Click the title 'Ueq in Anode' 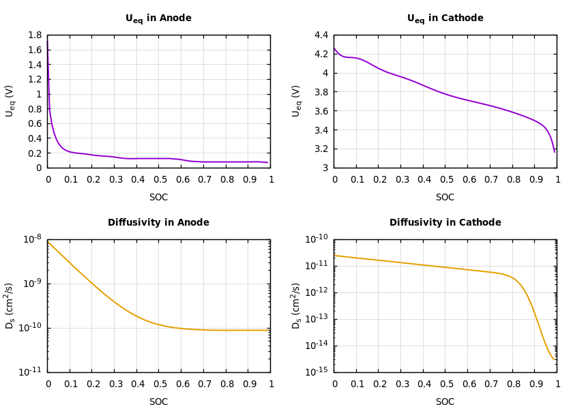pyautogui.click(x=158, y=18)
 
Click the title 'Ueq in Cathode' pyautogui.click(x=445, y=18)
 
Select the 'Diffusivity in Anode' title pyautogui.click(x=158, y=223)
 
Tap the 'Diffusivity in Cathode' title pyautogui.click(x=445, y=223)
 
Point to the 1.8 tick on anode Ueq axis pyautogui.click(x=34, y=35)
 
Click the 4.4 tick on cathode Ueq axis pyautogui.click(x=321, y=35)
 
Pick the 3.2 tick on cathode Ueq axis pyautogui.click(x=321, y=149)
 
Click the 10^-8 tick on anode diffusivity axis pyautogui.click(x=33, y=238)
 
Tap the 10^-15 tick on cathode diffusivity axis pyautogui.click(x=317, y=371)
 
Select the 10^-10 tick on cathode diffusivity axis pyautogui.click(x=317, y=238)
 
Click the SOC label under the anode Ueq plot pyautogui.click(x=158, y=198)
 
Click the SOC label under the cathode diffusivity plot pyautogui.click(x=445, y=402)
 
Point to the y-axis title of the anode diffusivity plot pyautogui.click(x=10, y=305)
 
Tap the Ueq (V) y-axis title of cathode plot pyautogui.click(x=297, y=101)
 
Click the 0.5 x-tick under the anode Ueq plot pyautogui.click(x=159, y=180)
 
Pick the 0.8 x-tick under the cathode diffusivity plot pyautogui.click(x=512, y=384)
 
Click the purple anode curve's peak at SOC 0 pyautogui.click(x=48, y=40)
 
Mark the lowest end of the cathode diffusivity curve pyautogui.click(x=555, y=359)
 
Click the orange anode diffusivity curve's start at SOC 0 pyautogui.click(x=48, y=242)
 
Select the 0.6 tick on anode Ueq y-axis pyautogui.click(x=34, y=123)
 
